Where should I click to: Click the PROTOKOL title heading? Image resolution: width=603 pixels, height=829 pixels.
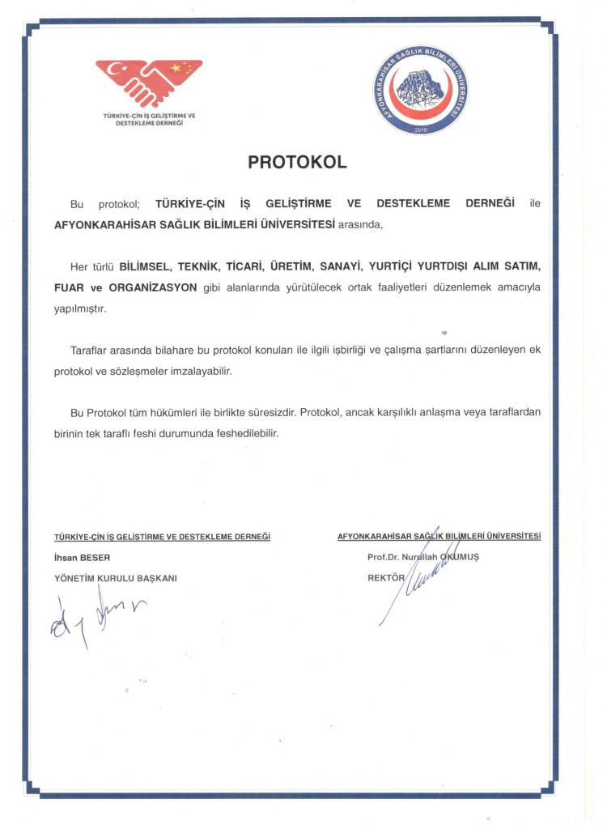[x=297, y=162]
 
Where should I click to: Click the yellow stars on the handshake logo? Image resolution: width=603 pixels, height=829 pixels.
[x=185, y=68]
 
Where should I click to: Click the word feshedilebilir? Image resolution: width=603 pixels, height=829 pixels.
[x=241, y=433]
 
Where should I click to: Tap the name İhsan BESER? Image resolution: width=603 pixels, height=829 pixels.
[x=82, y=557]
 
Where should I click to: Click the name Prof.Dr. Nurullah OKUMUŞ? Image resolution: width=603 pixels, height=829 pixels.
[x=423, y=557]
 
